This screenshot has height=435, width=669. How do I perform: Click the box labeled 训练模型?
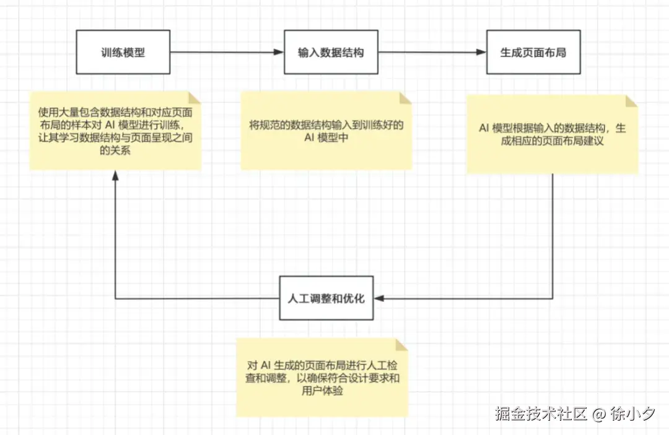[x=123, y=53]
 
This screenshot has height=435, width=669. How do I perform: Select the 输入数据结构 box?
[x=331, y=53]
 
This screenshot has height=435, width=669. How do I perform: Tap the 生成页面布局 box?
[x=533, y=53]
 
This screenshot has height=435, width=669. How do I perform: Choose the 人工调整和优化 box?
[x=326, y=299]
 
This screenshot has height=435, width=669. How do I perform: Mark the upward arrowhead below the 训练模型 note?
[x=115, y=176]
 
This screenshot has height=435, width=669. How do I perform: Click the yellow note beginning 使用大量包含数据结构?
[x=115, y=131]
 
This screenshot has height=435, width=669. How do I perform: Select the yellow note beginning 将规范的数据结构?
[x=326, y=131]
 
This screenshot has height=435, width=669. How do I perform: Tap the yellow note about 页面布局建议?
[x=552, y=134]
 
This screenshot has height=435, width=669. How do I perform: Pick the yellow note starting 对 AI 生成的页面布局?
[x=322, y=377]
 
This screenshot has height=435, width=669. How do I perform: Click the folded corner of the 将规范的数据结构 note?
[x=406, y=98]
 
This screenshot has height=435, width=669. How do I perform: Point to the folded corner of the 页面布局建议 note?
[x=631, y=101]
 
